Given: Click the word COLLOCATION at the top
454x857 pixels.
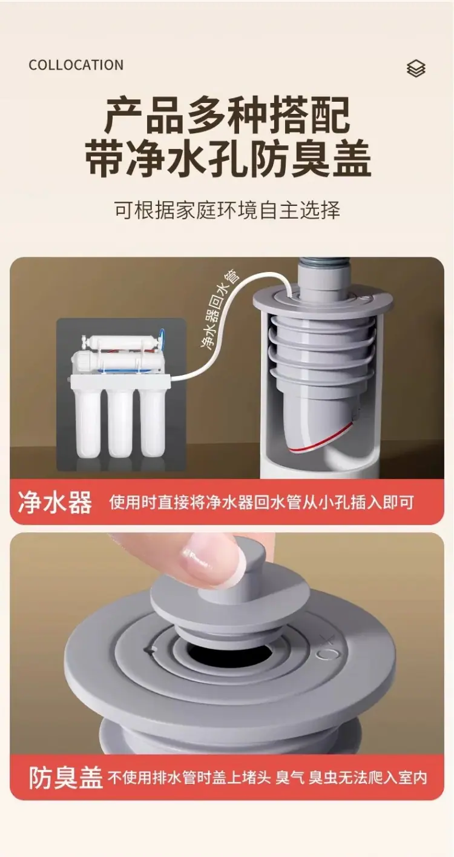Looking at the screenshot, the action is [76, 65].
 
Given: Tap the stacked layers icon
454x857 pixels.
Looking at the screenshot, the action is [416, 68].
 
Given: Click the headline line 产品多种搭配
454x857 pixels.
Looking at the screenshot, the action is [227, 116].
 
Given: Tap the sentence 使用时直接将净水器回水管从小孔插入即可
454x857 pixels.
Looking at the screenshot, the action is [262, 502].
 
